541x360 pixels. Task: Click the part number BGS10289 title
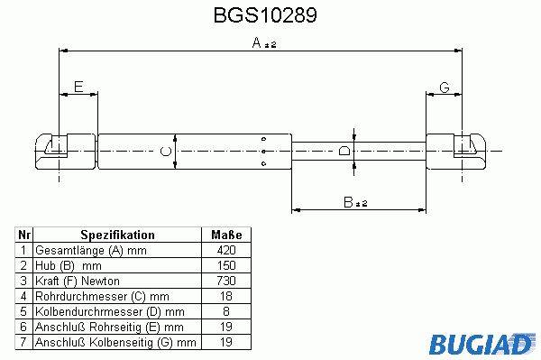(x=265, y=15)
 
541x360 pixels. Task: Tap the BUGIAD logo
(x=481, y=344)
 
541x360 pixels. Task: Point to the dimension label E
(x=78, y=87)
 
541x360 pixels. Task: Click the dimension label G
(x=445, y=88)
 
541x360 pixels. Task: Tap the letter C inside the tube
(x=166, y=152)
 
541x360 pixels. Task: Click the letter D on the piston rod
(x=344, y=151)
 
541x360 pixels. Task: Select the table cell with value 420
(x=226, y=250)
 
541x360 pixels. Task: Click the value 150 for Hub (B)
(x=226, y=265)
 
